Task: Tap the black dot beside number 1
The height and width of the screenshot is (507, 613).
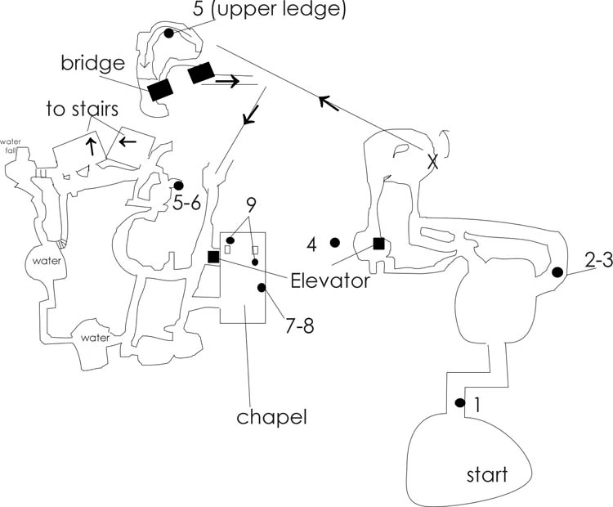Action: [459, 403]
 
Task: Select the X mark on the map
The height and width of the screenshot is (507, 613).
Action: [433, 163]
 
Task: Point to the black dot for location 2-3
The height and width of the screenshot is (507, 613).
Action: [558, 272]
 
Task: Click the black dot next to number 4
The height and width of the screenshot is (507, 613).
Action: [334, 242]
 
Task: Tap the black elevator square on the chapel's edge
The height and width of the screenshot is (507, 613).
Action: [213, 257]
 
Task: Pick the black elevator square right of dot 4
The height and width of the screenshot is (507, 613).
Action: [378, 242]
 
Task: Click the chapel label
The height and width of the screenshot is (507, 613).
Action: [271, 417]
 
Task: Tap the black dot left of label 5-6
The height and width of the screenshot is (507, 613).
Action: [179, 186]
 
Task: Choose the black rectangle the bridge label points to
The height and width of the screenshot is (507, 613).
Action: [159, 88]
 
